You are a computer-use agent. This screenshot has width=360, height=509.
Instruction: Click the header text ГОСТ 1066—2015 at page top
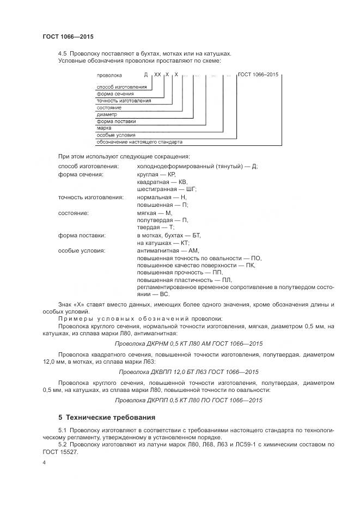click(x=68, y=36)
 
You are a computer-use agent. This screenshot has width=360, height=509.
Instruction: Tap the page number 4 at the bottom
click(x=44, y=462)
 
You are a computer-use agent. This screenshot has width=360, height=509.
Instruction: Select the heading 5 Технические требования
click(x=107, y=418)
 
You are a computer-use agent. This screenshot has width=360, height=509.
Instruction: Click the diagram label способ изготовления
click(x=121, y=88)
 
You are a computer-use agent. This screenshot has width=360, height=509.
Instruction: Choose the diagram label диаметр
click(x=107, y=115)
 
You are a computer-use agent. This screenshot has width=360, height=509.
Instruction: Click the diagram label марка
click(x=104, y=128)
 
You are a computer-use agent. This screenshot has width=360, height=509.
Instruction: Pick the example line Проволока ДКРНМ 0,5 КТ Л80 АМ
click(x=189, y=344)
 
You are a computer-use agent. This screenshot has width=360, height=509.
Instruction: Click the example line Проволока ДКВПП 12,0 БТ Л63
click(x=189, y=372)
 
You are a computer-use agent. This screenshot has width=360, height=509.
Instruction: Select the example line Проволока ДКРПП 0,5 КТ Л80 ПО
click(x=189, y=400)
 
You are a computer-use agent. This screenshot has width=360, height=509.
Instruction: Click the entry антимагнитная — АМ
click(x=168, y=251)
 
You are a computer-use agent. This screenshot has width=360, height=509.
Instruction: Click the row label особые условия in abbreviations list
click(x=82, y=251)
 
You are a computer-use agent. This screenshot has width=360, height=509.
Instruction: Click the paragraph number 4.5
click(x=63, y=53)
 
